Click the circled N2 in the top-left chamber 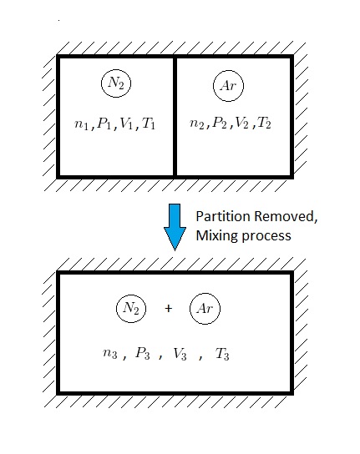117,83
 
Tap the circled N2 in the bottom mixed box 131,309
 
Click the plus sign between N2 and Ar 168,309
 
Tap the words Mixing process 243,235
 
